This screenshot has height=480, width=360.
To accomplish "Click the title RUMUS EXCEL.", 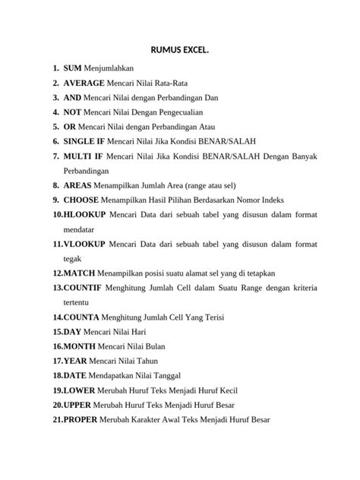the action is (x=180, y=52).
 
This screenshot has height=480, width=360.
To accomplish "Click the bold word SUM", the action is (x=72, y=69).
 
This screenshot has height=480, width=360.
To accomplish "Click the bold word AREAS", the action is (x=78, y=185).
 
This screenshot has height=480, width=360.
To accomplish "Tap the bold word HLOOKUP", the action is (x=84, y=214).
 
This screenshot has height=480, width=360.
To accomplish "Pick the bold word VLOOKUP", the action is (x=84, y=244).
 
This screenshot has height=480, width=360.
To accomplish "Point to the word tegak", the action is (x=74, y=258).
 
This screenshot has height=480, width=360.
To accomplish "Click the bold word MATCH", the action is (x=80, y=273).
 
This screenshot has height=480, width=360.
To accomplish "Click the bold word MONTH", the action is (x=80, y=346).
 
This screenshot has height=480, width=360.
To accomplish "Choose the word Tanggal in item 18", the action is (x=175, y=375).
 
